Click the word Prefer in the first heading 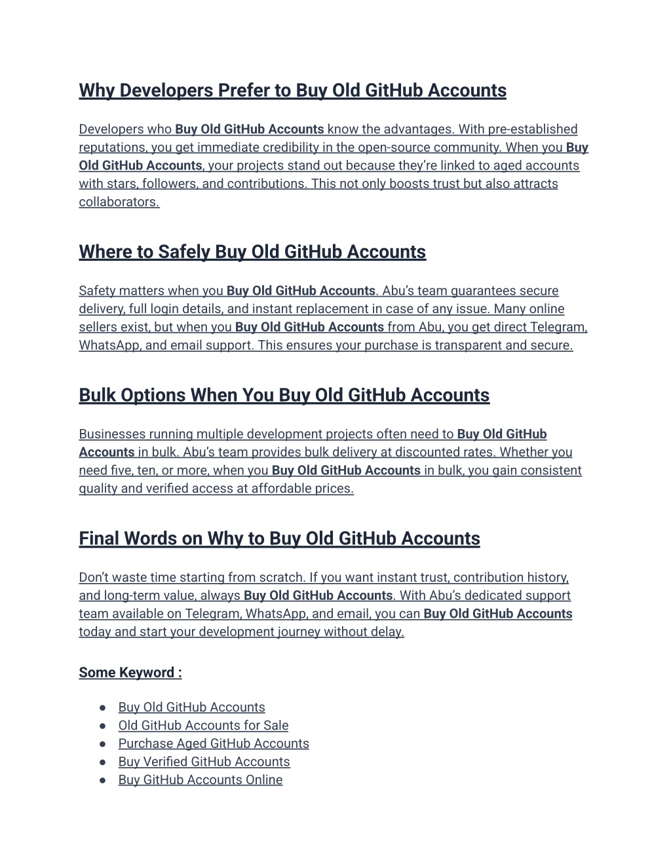pyautogui.click(x=243, y=90)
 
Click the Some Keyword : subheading pyautogui.click(x=130, y=673)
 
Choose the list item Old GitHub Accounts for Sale pyautogui.click(x=203, y=726)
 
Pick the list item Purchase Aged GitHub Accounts pyautogui.click(x=214, y=744)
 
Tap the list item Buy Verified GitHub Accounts pyautogui.click(x=204, y=762)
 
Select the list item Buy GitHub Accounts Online pyautogui.click(x=201, y=780)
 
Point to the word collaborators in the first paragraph pyautogui.click(x=118, y=202)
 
